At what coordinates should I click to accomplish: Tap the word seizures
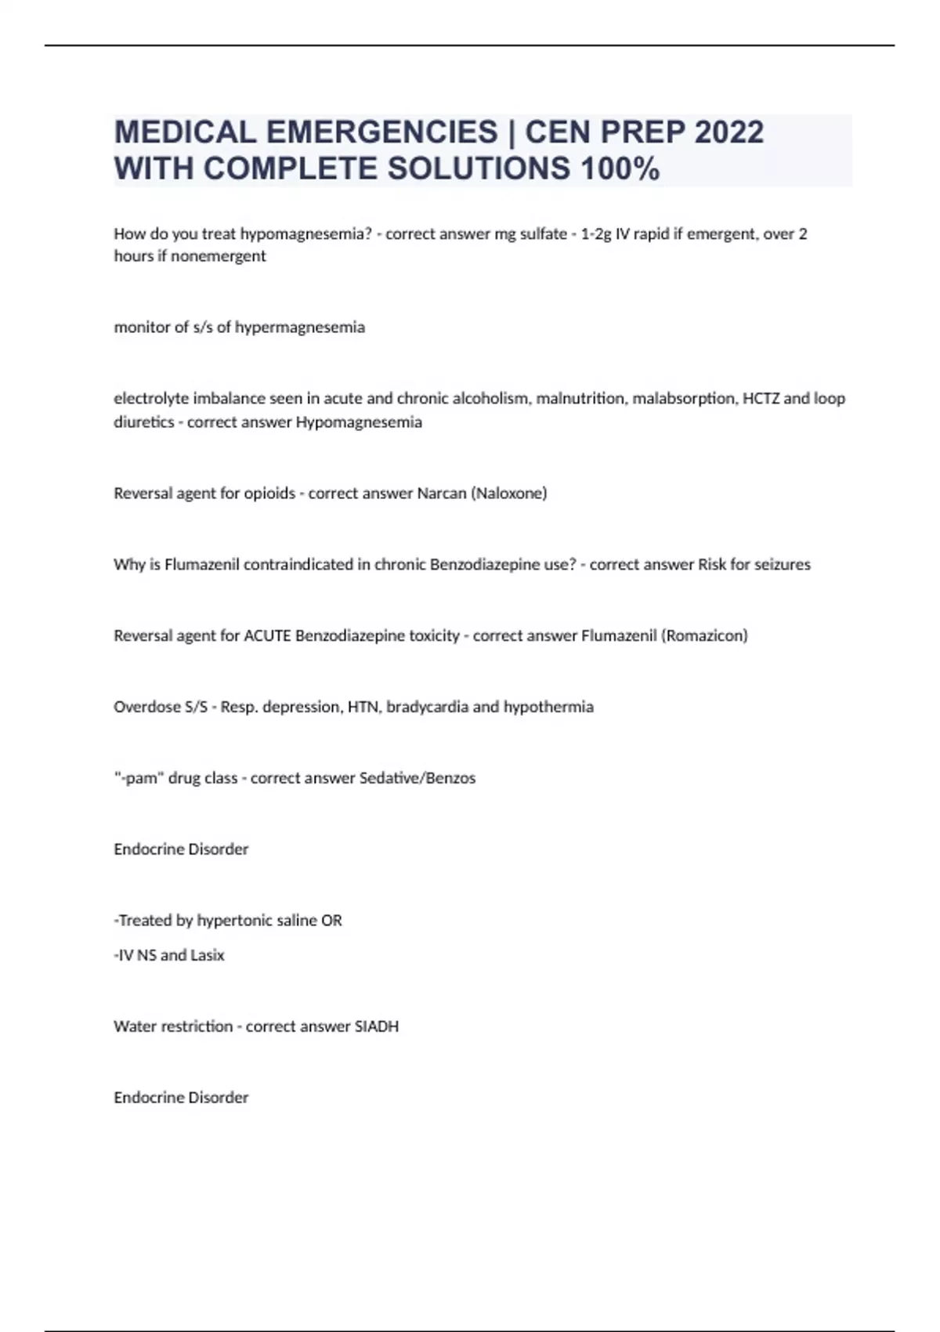pyautogui.click(x=782, y=564)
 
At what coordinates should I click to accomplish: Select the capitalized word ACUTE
pyautogui.click(x=267, y=635)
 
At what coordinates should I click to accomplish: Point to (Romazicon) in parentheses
pyautogui.click(x=704, y=635)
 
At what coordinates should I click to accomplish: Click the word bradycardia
pyautogui.click(x=427, y=707)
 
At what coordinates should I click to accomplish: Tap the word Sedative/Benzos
pyautogui.click(x=417, y=778)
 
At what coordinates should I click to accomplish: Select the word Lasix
pyautogui.click(x=208, y=955)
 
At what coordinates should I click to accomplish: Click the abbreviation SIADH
pyautogui.click(x=376, y=1026)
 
